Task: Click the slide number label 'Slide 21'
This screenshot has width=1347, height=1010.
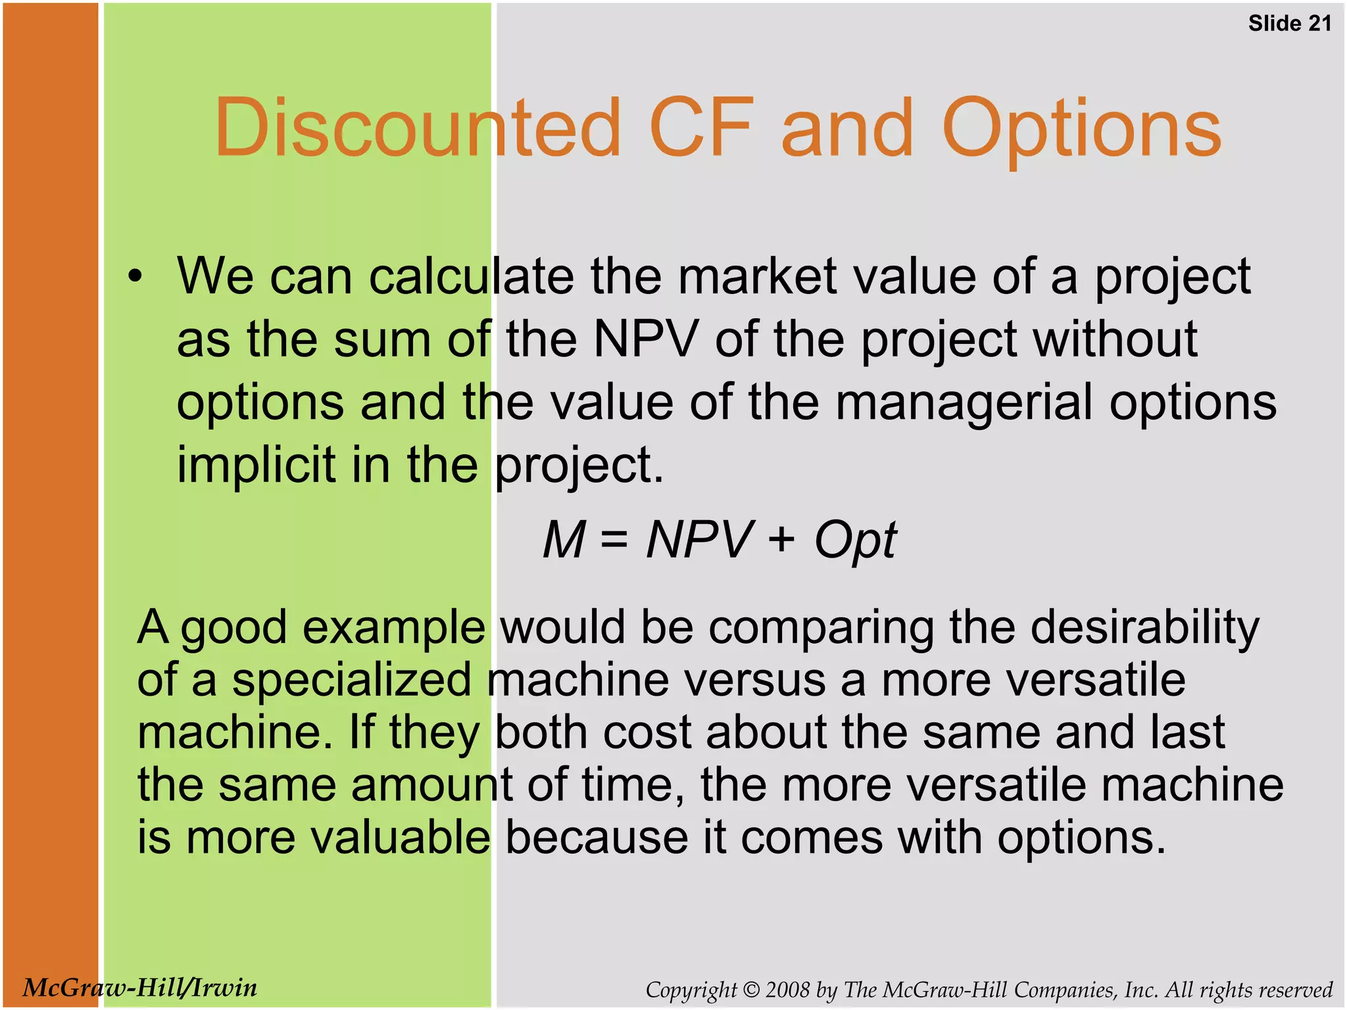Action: point(1290,24)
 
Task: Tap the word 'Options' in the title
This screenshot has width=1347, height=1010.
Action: point(1081,129)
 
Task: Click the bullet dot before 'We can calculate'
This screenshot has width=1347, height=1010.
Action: point(135,277)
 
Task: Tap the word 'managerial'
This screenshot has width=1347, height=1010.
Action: point(964,402)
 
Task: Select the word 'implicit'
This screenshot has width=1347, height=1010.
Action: point(257,464)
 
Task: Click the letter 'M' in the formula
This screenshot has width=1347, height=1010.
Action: point(564,540)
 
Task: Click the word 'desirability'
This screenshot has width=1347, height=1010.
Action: point(1144,627)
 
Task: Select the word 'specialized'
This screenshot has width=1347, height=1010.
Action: point(351,681)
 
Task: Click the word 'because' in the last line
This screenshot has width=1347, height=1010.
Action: point(596,838)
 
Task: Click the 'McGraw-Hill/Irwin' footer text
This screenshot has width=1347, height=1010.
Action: point(139,988)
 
